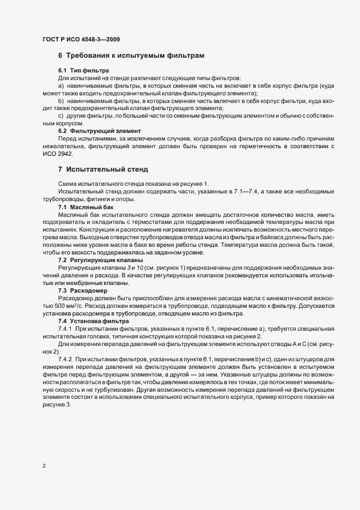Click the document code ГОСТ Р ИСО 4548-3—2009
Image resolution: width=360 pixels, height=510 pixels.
pyautogui.click(x=81, y=39)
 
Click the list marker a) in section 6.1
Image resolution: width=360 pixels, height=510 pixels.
pyautogui.click(x=61, y=87)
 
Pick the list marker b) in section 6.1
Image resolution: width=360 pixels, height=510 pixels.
pyautogui.click(x=61, y=102)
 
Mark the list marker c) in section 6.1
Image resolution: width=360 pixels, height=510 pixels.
pyautogui.click(x=61, y=117)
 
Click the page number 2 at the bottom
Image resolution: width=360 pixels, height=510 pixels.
pyautogui.click(x=44, y=466)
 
